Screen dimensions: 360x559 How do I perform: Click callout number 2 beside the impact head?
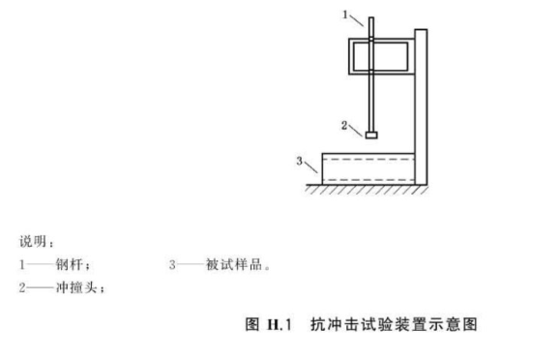(x=343, y=123)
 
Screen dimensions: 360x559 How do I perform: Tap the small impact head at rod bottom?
(x=370, y=134)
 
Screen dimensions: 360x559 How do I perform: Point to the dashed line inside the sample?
(x=368, y=158)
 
